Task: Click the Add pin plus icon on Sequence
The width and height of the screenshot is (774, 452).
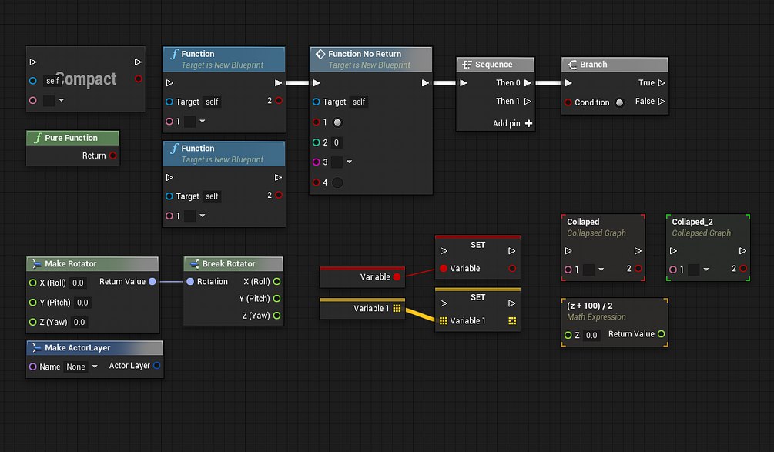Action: click(528, 123)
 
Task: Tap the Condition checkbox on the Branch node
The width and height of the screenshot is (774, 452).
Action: click(619, 102)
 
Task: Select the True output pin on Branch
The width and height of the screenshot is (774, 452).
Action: click(662, 83)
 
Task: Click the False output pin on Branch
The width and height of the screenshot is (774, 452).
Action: click(662, 101)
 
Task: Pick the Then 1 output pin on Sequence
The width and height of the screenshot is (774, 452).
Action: click(528, 101)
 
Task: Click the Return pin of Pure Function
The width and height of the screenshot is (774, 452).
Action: click(113, 156)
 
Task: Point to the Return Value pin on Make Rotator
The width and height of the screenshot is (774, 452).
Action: click(152, 281)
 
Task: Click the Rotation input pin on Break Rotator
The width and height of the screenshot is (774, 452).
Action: click(190, 281)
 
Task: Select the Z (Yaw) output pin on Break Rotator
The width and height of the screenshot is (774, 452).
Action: click(277, 316)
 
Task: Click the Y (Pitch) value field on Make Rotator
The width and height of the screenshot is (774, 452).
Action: click(82, 303)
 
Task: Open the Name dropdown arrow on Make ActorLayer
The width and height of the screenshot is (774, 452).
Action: click(95, 367)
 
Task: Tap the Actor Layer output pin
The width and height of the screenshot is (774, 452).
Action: click(156, 366)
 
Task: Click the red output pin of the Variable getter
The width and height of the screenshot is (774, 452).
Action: click(397, 277)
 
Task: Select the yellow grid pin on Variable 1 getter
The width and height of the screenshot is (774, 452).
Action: click(397, 309)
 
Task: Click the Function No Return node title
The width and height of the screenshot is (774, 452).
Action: click(365, 54)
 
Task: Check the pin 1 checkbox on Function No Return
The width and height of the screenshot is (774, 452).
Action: click(337, 122)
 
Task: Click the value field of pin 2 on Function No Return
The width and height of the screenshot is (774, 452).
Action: click(336, 142)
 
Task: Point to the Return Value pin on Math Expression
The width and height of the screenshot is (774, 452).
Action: click(661, 334)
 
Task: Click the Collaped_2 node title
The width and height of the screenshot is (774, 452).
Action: click(692, 222)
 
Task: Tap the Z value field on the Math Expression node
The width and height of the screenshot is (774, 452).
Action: click(591, 335)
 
